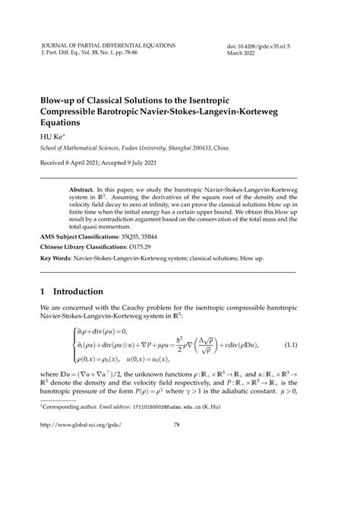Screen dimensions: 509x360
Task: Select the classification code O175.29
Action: tap(149, 247)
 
